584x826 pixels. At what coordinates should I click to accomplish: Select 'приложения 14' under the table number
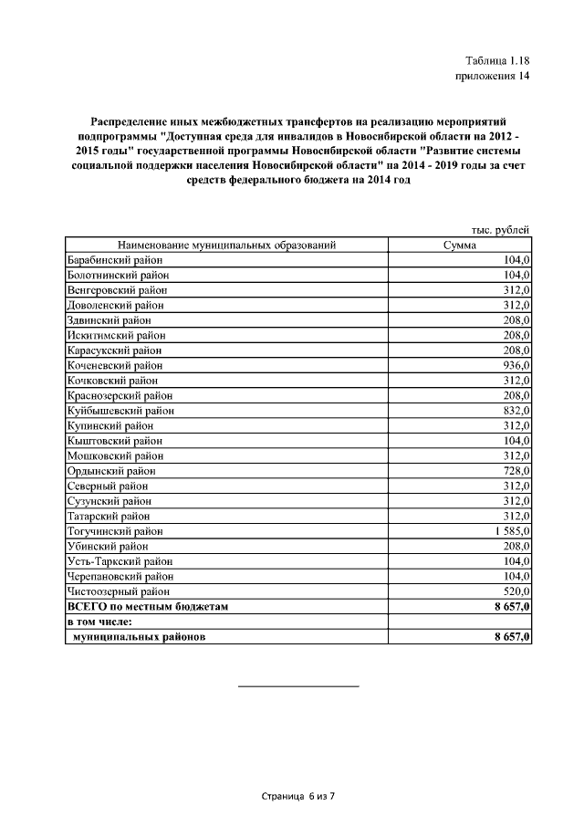(492, 77)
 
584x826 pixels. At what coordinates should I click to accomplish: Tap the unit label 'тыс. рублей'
(501, 230)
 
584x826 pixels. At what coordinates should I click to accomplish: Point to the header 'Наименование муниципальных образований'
(227, 245)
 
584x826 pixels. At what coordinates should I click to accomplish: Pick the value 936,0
(516, 365)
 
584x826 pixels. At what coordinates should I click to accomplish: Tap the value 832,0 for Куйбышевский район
(516, 410)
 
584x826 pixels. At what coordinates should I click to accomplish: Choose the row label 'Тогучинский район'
(115, 530)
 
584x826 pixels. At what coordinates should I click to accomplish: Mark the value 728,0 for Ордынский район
(516, 470)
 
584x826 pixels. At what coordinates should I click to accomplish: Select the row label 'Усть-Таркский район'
(120, 561)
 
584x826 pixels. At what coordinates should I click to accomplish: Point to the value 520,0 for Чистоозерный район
(516, 591)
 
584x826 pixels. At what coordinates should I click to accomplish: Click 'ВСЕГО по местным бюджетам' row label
(147, 606)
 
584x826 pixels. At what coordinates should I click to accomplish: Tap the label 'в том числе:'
(102, 622)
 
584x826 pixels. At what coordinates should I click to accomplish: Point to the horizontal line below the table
(298, 685)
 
